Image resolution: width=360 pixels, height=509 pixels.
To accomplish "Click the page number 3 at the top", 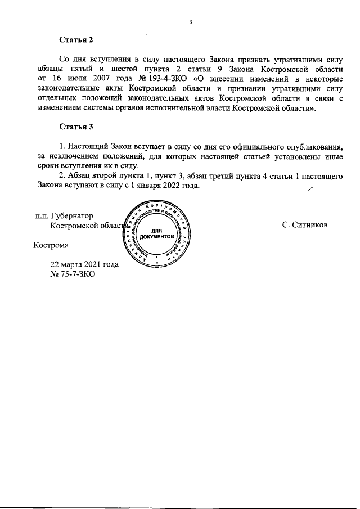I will click(191, 22).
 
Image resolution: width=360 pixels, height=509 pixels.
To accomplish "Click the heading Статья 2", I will click(76, 40).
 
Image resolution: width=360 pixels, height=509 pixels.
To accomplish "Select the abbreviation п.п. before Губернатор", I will click(41, 215).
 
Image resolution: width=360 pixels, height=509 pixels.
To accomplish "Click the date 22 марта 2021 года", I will click(84, 264).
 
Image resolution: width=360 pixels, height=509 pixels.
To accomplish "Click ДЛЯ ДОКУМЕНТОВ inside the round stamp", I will click(157, 233).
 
